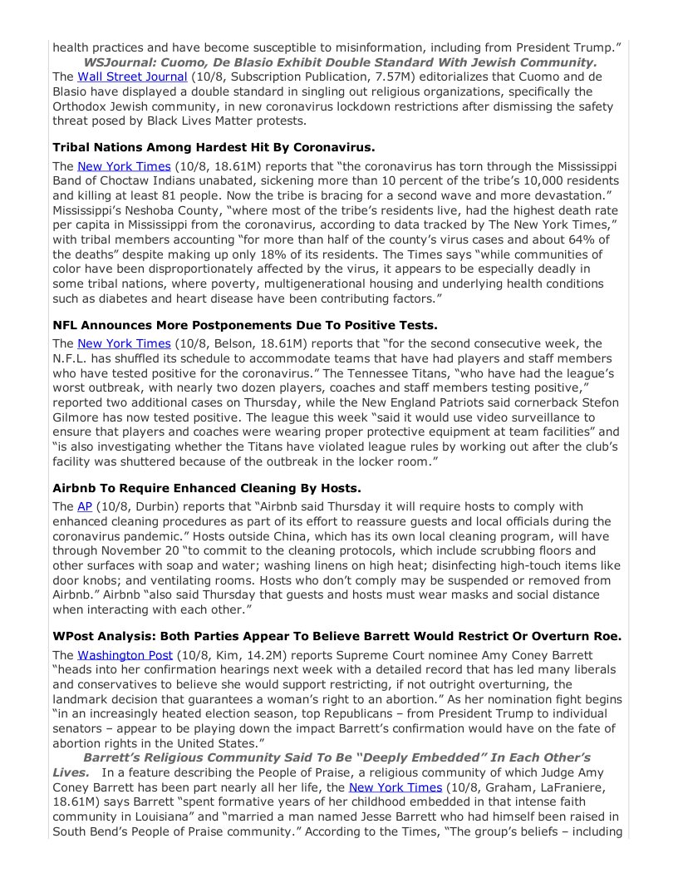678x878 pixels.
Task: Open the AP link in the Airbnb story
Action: click(x=85, y=506)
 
